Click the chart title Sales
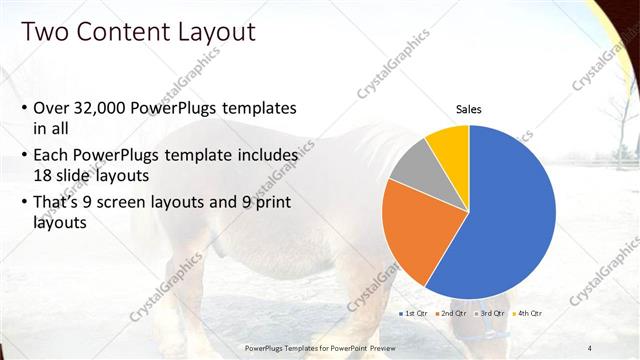click(469, 108)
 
